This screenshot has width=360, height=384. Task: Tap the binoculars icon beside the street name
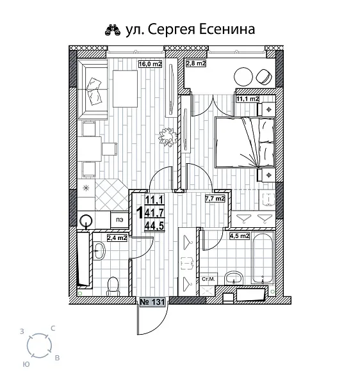tap(111, 29)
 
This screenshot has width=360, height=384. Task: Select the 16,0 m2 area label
tap(150, 63)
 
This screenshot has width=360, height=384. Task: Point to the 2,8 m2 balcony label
tap(195, 63)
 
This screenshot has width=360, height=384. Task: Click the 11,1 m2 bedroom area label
tap(247, 99)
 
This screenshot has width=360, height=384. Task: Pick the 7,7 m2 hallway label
tap(215, 199)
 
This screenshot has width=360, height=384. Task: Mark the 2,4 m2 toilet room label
tap(116, 237)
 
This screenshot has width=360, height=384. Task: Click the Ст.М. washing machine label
tap(208, 280)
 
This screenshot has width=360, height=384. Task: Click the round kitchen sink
tap(86, 221)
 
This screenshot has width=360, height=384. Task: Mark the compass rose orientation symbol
tap(40, 346)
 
